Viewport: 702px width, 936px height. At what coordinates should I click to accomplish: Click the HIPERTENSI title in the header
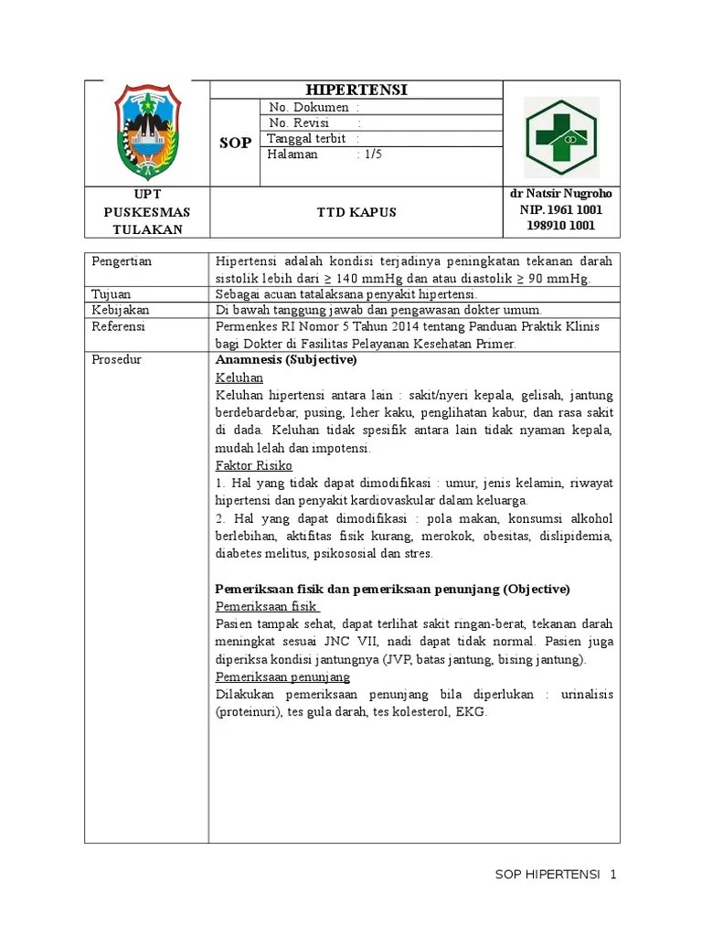point(356,90)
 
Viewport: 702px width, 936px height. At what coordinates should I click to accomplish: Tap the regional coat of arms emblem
point(147,133)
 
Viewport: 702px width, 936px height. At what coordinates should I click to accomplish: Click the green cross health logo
point(561,136)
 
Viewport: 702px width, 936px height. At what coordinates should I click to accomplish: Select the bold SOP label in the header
point(235,144)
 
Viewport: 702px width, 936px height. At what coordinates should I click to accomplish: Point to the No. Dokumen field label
point(308,108)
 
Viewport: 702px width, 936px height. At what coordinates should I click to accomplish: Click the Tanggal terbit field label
point(306,138)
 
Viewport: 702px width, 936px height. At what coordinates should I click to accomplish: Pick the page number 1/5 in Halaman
point(372,154)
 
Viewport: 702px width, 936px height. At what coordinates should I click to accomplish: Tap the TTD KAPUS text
point(356,212)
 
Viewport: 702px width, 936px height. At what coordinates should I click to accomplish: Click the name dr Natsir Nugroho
point(560,194)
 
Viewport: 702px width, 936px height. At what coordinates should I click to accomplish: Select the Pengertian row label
point(122,261)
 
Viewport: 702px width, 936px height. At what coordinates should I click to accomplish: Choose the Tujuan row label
point(112,294)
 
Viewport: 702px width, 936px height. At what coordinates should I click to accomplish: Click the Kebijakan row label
point(119,310)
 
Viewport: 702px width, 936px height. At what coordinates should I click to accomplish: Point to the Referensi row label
point(119,326)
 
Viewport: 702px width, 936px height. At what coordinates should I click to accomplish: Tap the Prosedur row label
point(116,359)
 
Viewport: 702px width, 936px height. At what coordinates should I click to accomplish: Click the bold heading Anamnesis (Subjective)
point(285,359)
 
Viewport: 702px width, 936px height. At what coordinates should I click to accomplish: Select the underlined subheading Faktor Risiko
point(253,465)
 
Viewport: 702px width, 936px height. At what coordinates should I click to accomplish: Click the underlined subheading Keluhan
point(239,378)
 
